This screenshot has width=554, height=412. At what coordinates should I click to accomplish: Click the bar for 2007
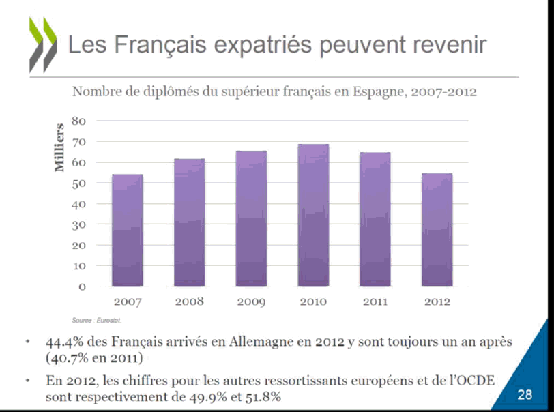tap(128, 230)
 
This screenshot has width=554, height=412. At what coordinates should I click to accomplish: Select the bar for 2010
tap(313, 215)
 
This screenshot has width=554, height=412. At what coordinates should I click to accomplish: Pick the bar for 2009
tap(251, 218)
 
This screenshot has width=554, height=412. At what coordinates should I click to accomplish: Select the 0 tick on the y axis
tap(82, 286)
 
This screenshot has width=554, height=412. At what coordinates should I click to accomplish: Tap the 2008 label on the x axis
tap(190, 302)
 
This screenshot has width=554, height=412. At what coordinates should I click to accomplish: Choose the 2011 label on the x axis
tap(375, 302)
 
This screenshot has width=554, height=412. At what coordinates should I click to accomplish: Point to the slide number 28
tap(525, 394)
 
